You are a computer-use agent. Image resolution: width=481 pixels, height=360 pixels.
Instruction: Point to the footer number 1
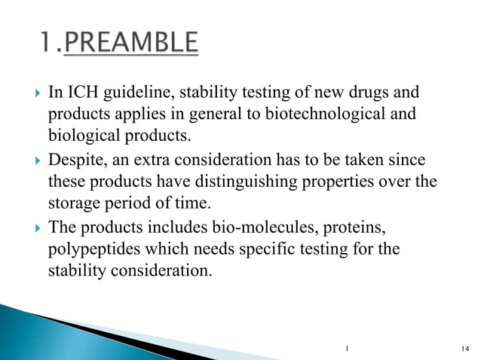pyautogui.click(x=345, y=348)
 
